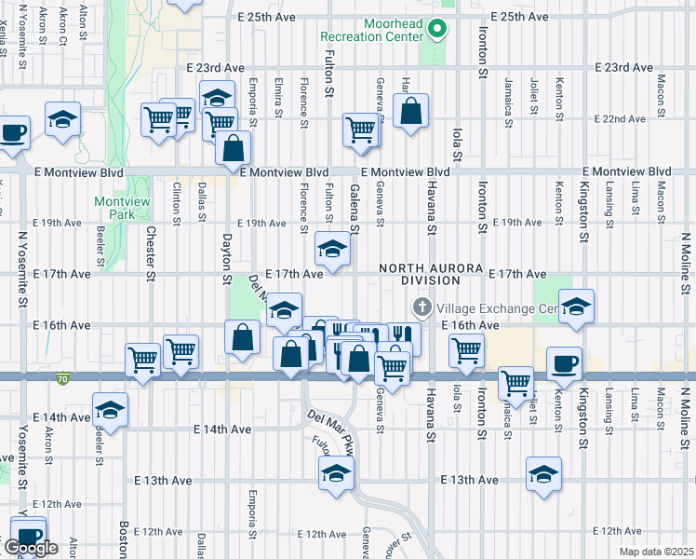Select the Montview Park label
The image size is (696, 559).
click(114, 208)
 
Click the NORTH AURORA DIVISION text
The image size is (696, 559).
click(420, 274)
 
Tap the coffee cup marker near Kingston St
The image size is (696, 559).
click(565, 364)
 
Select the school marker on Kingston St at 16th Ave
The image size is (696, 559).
click(576, 307)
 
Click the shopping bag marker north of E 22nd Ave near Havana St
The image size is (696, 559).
click(410, 112)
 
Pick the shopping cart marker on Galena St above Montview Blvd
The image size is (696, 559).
click(360, 130)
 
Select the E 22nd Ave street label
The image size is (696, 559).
click(623, 119)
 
